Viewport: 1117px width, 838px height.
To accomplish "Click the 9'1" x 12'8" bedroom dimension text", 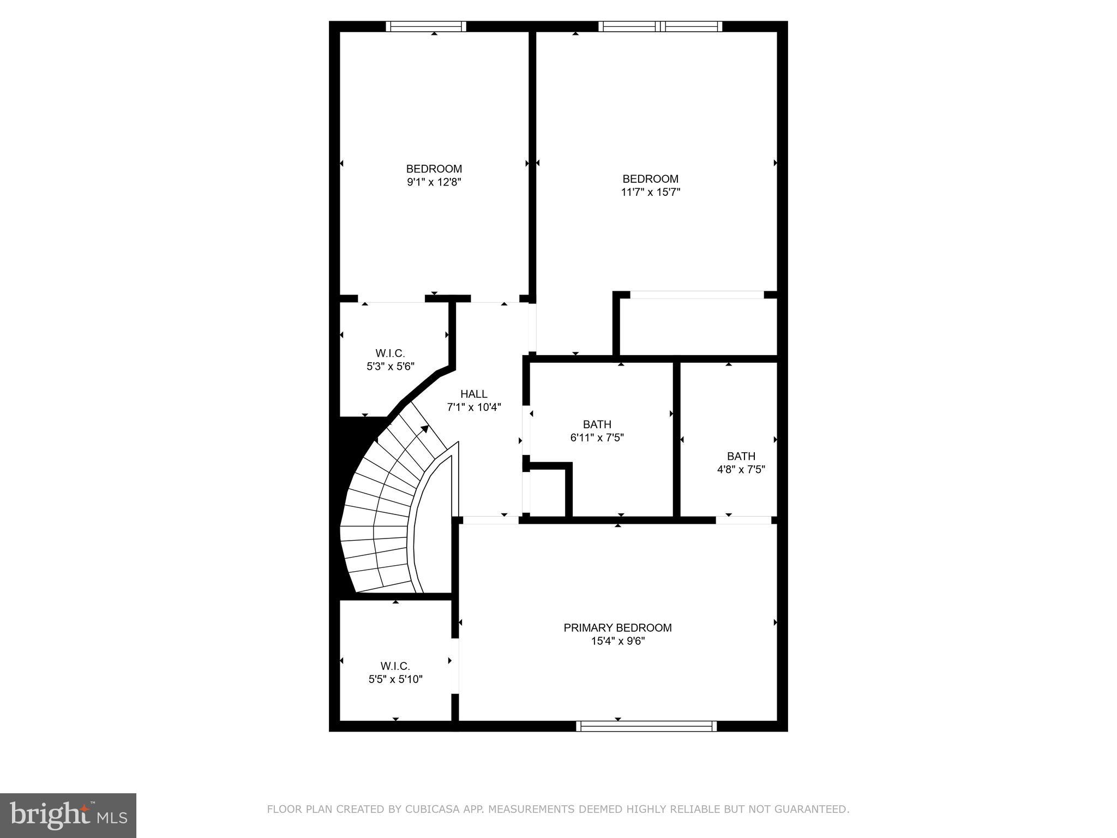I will [434, 182].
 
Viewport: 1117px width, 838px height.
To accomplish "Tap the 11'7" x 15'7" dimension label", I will [651, 192].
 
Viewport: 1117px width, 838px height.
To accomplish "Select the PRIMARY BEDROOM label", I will [617, 628].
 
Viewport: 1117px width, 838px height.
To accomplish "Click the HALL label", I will [473, 394].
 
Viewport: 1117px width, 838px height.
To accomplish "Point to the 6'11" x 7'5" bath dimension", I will [597, 438].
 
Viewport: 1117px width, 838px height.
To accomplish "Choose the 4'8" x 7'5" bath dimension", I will [741, 469].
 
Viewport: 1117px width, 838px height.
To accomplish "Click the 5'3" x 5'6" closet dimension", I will [390, 367].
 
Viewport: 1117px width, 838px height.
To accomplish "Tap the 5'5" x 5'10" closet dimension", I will [395, 679].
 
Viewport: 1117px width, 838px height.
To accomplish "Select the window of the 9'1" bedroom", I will [426, 26].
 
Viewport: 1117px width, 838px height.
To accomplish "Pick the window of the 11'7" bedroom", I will [660, 26].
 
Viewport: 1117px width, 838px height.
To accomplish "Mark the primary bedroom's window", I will [646, 726].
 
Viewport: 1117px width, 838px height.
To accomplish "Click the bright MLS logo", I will [68, 816].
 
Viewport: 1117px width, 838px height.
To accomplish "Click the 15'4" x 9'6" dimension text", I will [617, 641].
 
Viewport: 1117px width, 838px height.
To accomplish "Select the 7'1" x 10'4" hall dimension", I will [473, 407].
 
